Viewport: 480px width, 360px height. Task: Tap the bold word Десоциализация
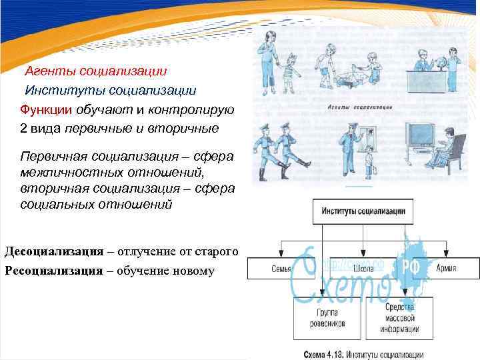pos(54,251)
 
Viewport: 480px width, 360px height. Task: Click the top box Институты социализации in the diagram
pos(363,212)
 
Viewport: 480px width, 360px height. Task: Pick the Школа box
pos(363,269)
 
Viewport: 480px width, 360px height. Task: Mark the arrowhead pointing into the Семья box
pos(281,255)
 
